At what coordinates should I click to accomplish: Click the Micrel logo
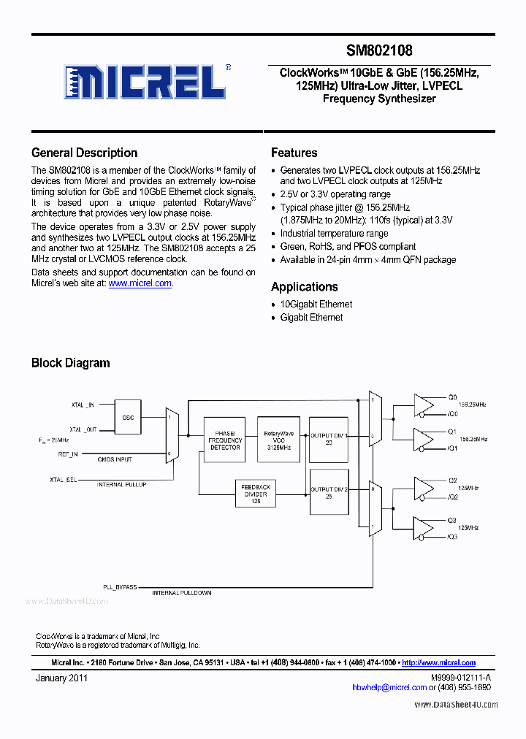(145, 81)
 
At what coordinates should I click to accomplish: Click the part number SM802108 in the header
(379, 50)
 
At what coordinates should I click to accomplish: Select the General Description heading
(84, 153)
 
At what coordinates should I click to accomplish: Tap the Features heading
(294, 153)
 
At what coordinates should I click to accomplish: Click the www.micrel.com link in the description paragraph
(140, 283)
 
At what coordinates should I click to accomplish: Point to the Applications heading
(304, 287)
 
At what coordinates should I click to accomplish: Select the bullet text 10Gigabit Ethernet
(316, 304)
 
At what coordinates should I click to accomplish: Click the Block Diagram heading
(70, 363)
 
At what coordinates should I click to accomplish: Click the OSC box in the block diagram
(128, 418)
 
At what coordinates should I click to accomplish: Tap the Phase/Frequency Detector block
(225, 440)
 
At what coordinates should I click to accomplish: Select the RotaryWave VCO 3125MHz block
(278, 440)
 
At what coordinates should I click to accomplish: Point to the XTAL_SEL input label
(62, 479)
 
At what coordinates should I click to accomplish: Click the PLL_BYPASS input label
(119, 586)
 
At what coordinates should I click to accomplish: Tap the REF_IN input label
(68, 454)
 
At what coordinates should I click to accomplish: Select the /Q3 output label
(453, 537)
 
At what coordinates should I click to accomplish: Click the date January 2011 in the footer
(62, 678)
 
